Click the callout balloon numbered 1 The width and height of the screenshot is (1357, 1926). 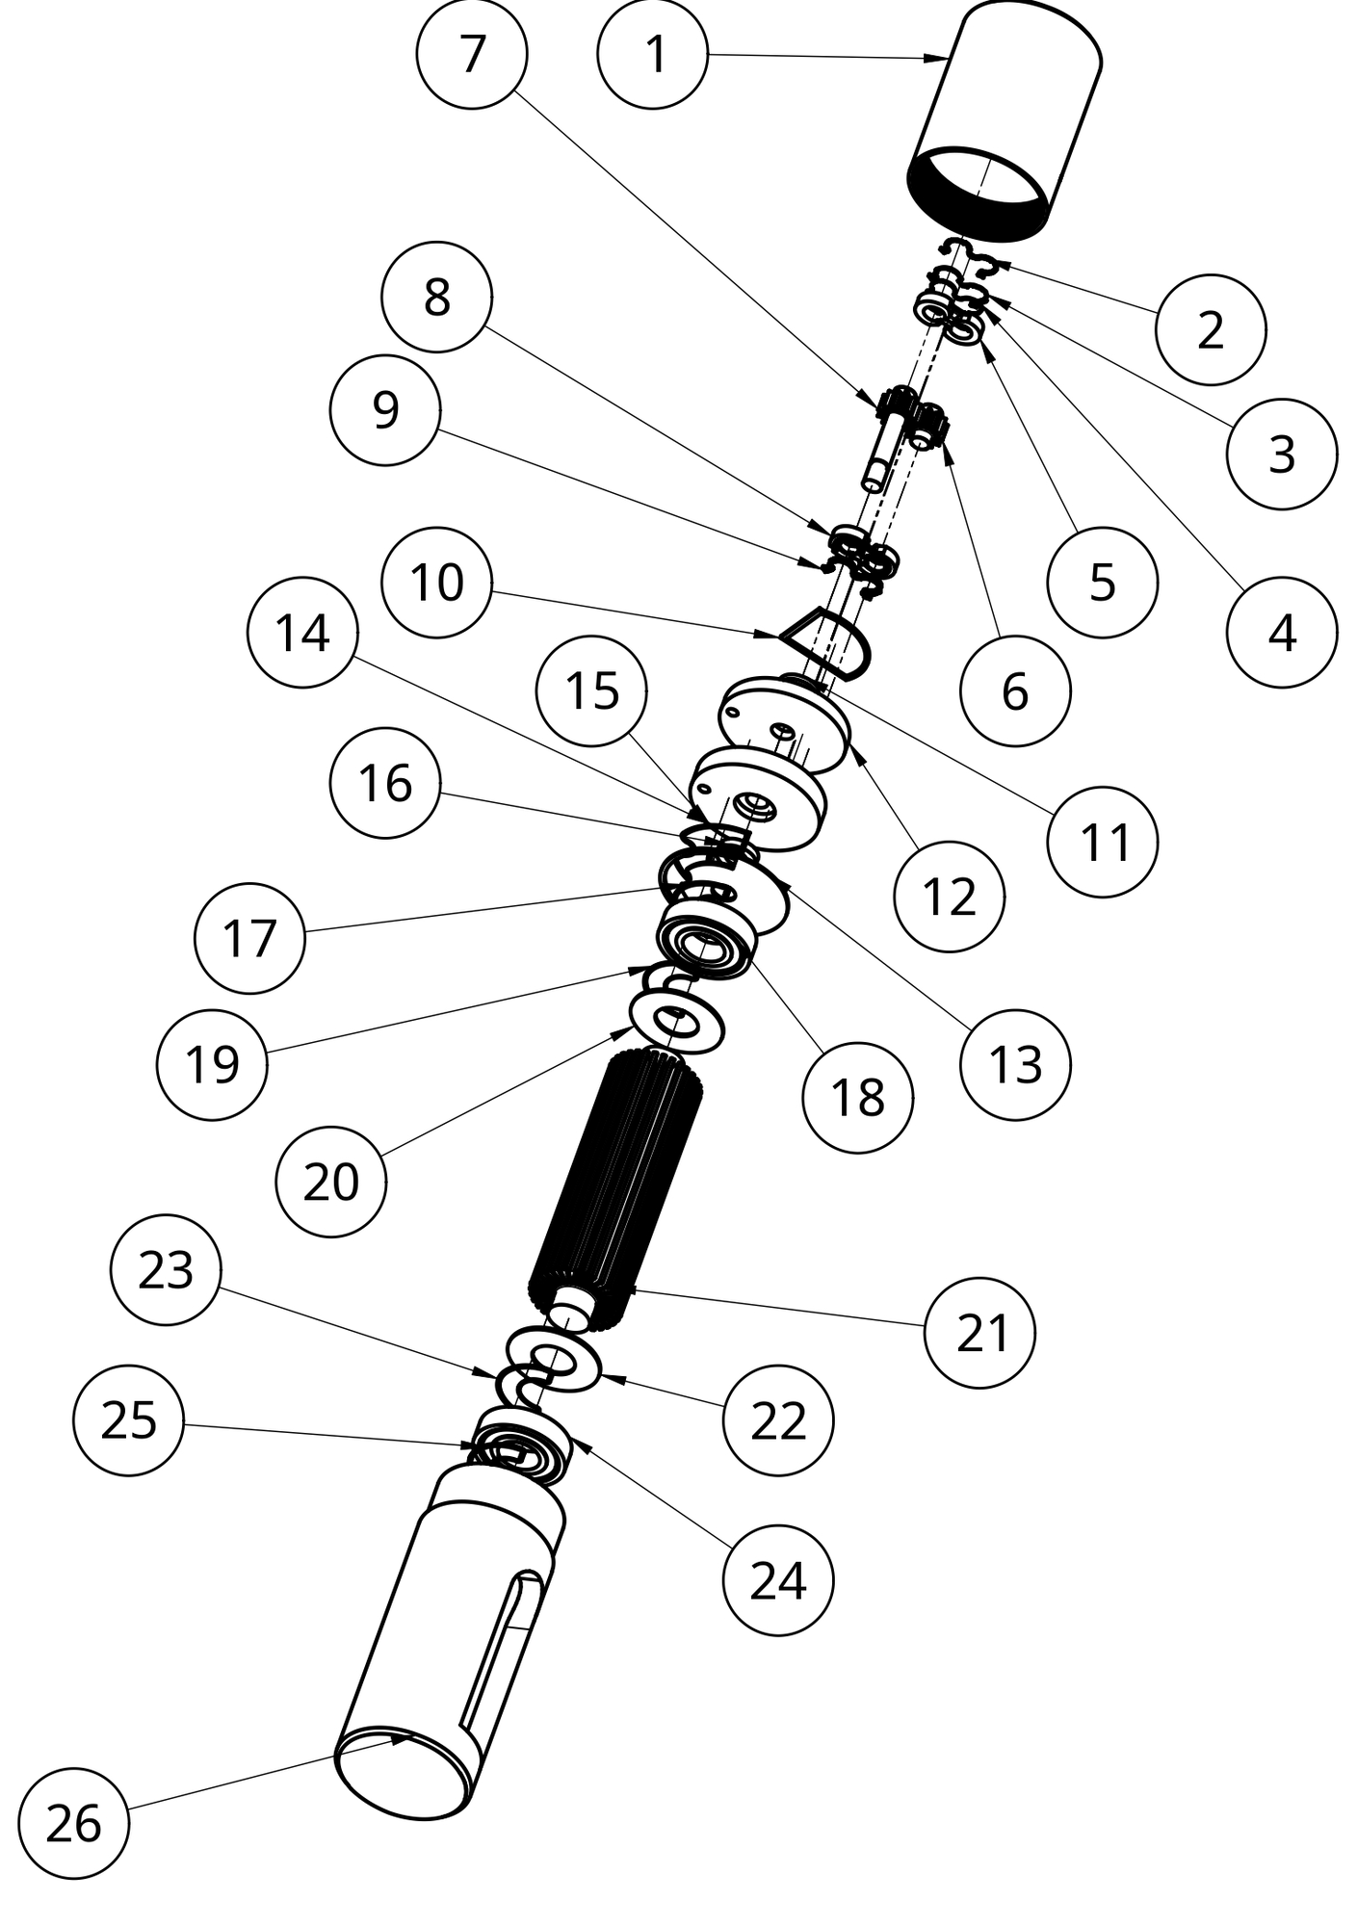pos(653,54)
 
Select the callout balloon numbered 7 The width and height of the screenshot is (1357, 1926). pos(472,54)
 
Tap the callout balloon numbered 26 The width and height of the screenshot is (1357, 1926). pos(73,1823)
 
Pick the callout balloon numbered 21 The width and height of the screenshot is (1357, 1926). pos(979,1333)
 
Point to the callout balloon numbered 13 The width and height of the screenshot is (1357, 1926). pos(1015,1064)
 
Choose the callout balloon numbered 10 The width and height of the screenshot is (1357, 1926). pos(437,583)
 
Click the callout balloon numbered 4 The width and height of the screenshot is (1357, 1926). pos(1282,633)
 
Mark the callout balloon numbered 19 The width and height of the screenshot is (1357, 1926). pos(212,1064)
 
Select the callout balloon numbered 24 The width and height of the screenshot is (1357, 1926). pos(778,1579)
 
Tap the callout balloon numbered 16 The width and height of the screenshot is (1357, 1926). pos(385,783)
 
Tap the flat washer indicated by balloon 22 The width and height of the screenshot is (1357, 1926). pos(555,1358)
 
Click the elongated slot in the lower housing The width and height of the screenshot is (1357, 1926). pos(505,1647)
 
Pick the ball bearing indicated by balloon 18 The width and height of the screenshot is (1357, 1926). pos(706,939)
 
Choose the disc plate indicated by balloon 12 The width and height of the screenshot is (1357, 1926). pos(785,722)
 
